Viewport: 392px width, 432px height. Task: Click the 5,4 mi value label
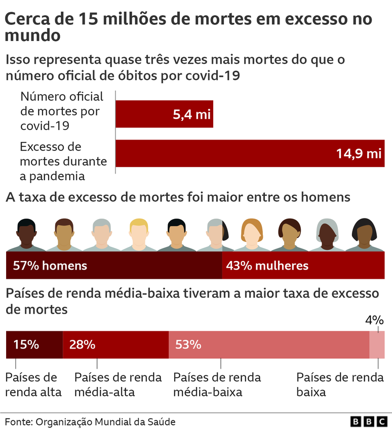click(x=191, y=114)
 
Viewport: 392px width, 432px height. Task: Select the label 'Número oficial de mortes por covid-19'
click(x=61, y=111)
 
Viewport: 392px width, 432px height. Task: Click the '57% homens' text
click(x=50, y=266)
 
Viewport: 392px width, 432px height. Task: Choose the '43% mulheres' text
click(x=267, y=266)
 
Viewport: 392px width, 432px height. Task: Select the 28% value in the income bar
click(x=83, y=345)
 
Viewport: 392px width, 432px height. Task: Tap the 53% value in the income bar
click(x=188, y=345)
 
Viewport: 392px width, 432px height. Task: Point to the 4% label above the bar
click(x=374, y=320)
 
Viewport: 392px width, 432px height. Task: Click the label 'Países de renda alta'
click(x=33, y=384)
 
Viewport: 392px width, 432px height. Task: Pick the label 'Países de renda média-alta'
click(x=118, y=384)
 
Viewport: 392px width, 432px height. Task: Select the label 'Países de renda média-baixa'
click(x=217, y=384)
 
